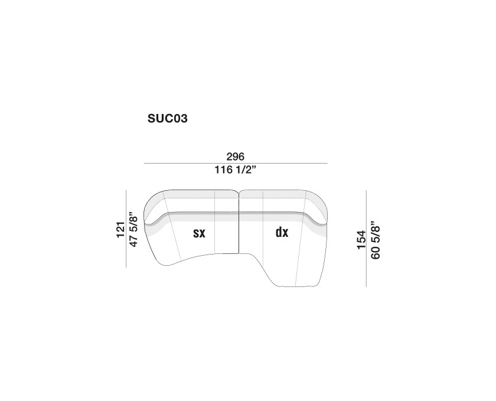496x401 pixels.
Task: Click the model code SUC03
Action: [167, 118]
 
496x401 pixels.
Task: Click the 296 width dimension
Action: [236, 157]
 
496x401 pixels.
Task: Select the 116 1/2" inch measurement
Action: [235, 170]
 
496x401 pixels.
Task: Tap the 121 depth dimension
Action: [120, 230]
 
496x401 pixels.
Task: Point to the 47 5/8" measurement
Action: [133, 230]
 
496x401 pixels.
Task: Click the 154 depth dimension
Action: [361, 240]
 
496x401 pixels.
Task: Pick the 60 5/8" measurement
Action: [375, 240]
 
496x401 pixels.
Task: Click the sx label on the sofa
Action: [200, 233]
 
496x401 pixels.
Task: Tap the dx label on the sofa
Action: [282, 232]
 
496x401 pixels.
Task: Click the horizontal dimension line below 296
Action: [236, 164]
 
